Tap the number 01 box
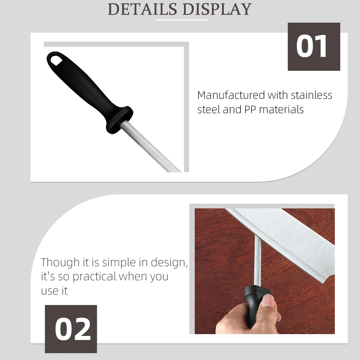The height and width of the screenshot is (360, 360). point(314,47)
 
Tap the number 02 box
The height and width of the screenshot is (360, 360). point(71,329)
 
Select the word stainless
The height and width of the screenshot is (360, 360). point(311,95)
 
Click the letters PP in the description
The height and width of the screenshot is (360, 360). point(250,109)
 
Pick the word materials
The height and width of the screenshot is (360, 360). point(281,109)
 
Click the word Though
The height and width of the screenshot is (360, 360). point(60,262)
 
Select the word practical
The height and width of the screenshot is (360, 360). point(95,276)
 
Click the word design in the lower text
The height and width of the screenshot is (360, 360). point(169,263)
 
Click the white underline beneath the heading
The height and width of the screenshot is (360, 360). point(182,20)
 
